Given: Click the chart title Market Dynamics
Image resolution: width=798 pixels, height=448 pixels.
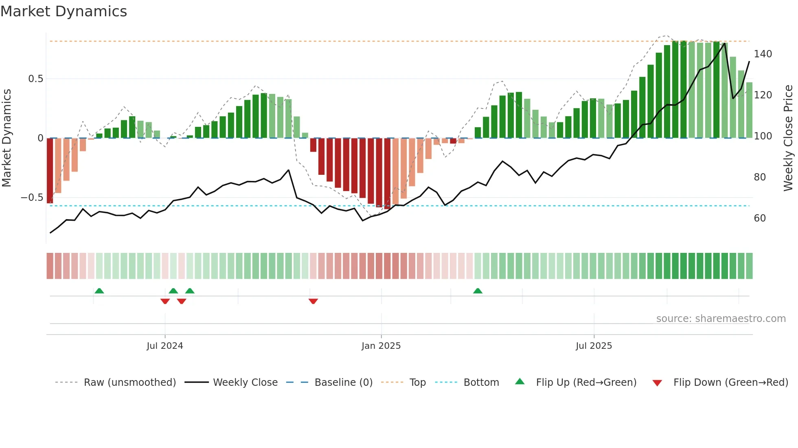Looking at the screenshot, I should click(x=64, y=11).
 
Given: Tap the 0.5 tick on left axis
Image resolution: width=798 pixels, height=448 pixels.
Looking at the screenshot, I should click(x=35, y=79).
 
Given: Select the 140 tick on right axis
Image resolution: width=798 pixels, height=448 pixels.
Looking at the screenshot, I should click(x=763, y=54).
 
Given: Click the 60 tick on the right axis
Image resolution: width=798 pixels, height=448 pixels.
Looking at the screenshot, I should click(x=760, y=218).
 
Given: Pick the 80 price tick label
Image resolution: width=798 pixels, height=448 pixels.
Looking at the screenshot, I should click(x=760, y=177).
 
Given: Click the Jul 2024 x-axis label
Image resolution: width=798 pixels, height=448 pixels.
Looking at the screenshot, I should click(x=165, y=346).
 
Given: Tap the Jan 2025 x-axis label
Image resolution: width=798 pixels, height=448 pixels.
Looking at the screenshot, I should click(x=381, y=346).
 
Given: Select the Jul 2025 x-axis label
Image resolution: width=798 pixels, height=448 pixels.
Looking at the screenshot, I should click(x=594, y=346).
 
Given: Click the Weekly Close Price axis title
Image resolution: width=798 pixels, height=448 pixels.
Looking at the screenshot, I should click(x=788, y=138).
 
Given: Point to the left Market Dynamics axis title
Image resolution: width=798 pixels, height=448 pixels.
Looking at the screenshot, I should click(x=7, y=138).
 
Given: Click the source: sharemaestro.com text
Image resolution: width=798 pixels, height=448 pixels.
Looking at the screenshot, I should click(x=721, y=319).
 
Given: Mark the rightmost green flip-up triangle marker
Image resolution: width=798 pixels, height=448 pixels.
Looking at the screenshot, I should click(x=478, y=291).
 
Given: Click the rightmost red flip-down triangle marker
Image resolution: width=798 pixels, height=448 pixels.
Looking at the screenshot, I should click(x=313, y=301).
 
